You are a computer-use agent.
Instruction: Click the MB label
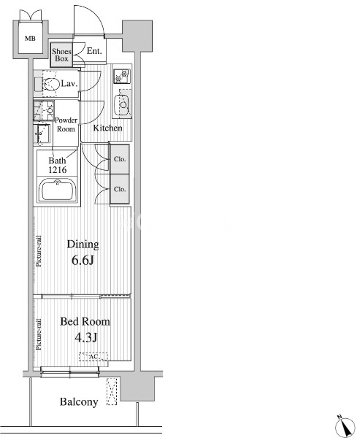coord(30,38)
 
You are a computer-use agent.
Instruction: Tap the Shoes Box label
coord(61,55)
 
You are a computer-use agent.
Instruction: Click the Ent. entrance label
coord(94,51)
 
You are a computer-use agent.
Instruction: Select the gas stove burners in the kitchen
coord(122,76)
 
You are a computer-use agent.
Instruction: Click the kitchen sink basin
coord(122,105)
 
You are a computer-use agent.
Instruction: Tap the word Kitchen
coord(107,128)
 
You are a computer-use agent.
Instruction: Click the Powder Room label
coord(66,125)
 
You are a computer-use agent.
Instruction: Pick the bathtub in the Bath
coord(58,190)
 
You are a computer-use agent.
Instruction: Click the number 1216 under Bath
coord(58,170)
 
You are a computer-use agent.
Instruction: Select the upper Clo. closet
coord(120,159)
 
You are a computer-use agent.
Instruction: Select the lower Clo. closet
coord(120,189)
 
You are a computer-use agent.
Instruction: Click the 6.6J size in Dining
coord(83,261)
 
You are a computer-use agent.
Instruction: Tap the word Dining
coord(83,244)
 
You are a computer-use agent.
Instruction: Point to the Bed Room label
coord(85,322)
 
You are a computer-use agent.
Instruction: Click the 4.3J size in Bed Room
coord(86,337)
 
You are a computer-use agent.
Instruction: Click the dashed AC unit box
coord(93,357)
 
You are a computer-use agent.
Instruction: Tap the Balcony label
coord(79,401)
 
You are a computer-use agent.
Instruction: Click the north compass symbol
coord(345,426)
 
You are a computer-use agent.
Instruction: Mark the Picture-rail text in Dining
coord(39,251)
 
